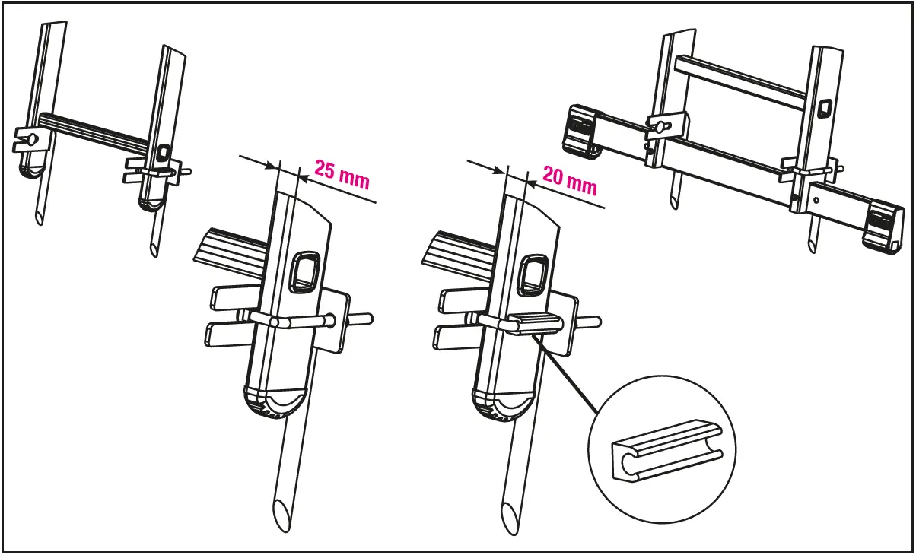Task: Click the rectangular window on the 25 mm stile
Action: [305, 271]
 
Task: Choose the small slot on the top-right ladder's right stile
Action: [824, 110]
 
